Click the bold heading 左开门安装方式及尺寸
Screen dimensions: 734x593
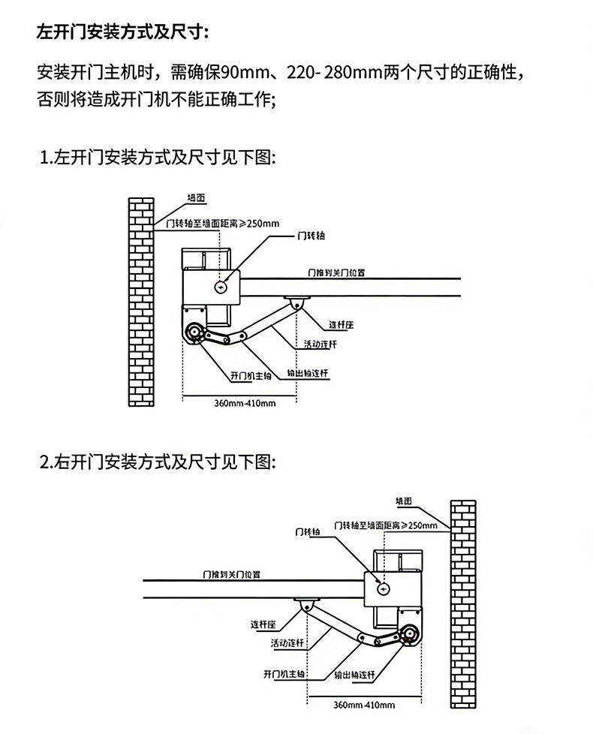[124, 33]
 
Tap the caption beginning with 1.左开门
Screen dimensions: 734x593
[158, 158]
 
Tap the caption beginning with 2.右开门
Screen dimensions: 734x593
[158, 460]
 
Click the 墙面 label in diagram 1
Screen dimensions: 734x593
[197, 198]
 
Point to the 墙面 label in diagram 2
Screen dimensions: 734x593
[406, 501]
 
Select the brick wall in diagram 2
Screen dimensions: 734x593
[462, 604]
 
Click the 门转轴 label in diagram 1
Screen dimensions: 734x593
[310, 236]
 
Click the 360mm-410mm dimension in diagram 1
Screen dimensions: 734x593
[245, 403]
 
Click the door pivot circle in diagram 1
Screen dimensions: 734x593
[221, 287]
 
